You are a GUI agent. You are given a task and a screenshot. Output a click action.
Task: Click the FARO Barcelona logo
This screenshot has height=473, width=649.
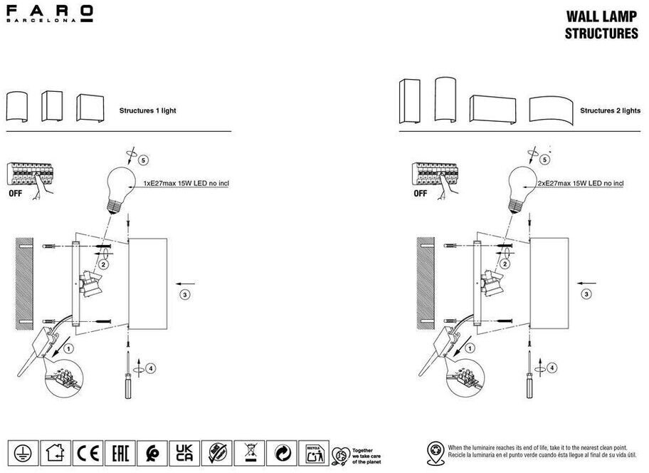(49, 14)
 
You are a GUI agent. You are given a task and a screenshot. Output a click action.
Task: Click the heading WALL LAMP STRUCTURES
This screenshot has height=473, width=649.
(601, 24)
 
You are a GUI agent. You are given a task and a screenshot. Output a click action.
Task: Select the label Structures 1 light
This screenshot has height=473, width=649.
(147, 111)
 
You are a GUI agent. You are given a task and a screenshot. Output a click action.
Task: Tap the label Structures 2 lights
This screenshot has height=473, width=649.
(610, 111)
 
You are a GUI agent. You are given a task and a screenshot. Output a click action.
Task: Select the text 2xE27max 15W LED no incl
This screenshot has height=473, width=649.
(581, 183)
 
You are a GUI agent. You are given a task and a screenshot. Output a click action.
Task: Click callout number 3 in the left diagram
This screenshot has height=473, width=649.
(184, 293)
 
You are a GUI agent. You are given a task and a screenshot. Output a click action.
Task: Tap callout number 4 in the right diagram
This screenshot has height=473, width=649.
(553, 368)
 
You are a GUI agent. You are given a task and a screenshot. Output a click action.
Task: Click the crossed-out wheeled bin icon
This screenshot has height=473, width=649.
(250, 452)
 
